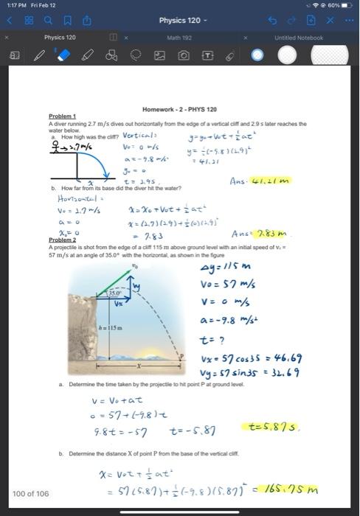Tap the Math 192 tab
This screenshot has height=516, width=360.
pyautogui.click(x=175, y=37)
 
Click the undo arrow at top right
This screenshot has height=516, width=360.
pyautogui.click(x=294, y=20)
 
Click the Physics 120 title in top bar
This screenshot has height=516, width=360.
pyautogui.click(x=180, y=20)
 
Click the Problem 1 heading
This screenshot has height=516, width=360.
pyautogui.click(x=62, y=116)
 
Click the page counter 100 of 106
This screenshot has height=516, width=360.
pyautogui.click(x=31, y=493)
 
